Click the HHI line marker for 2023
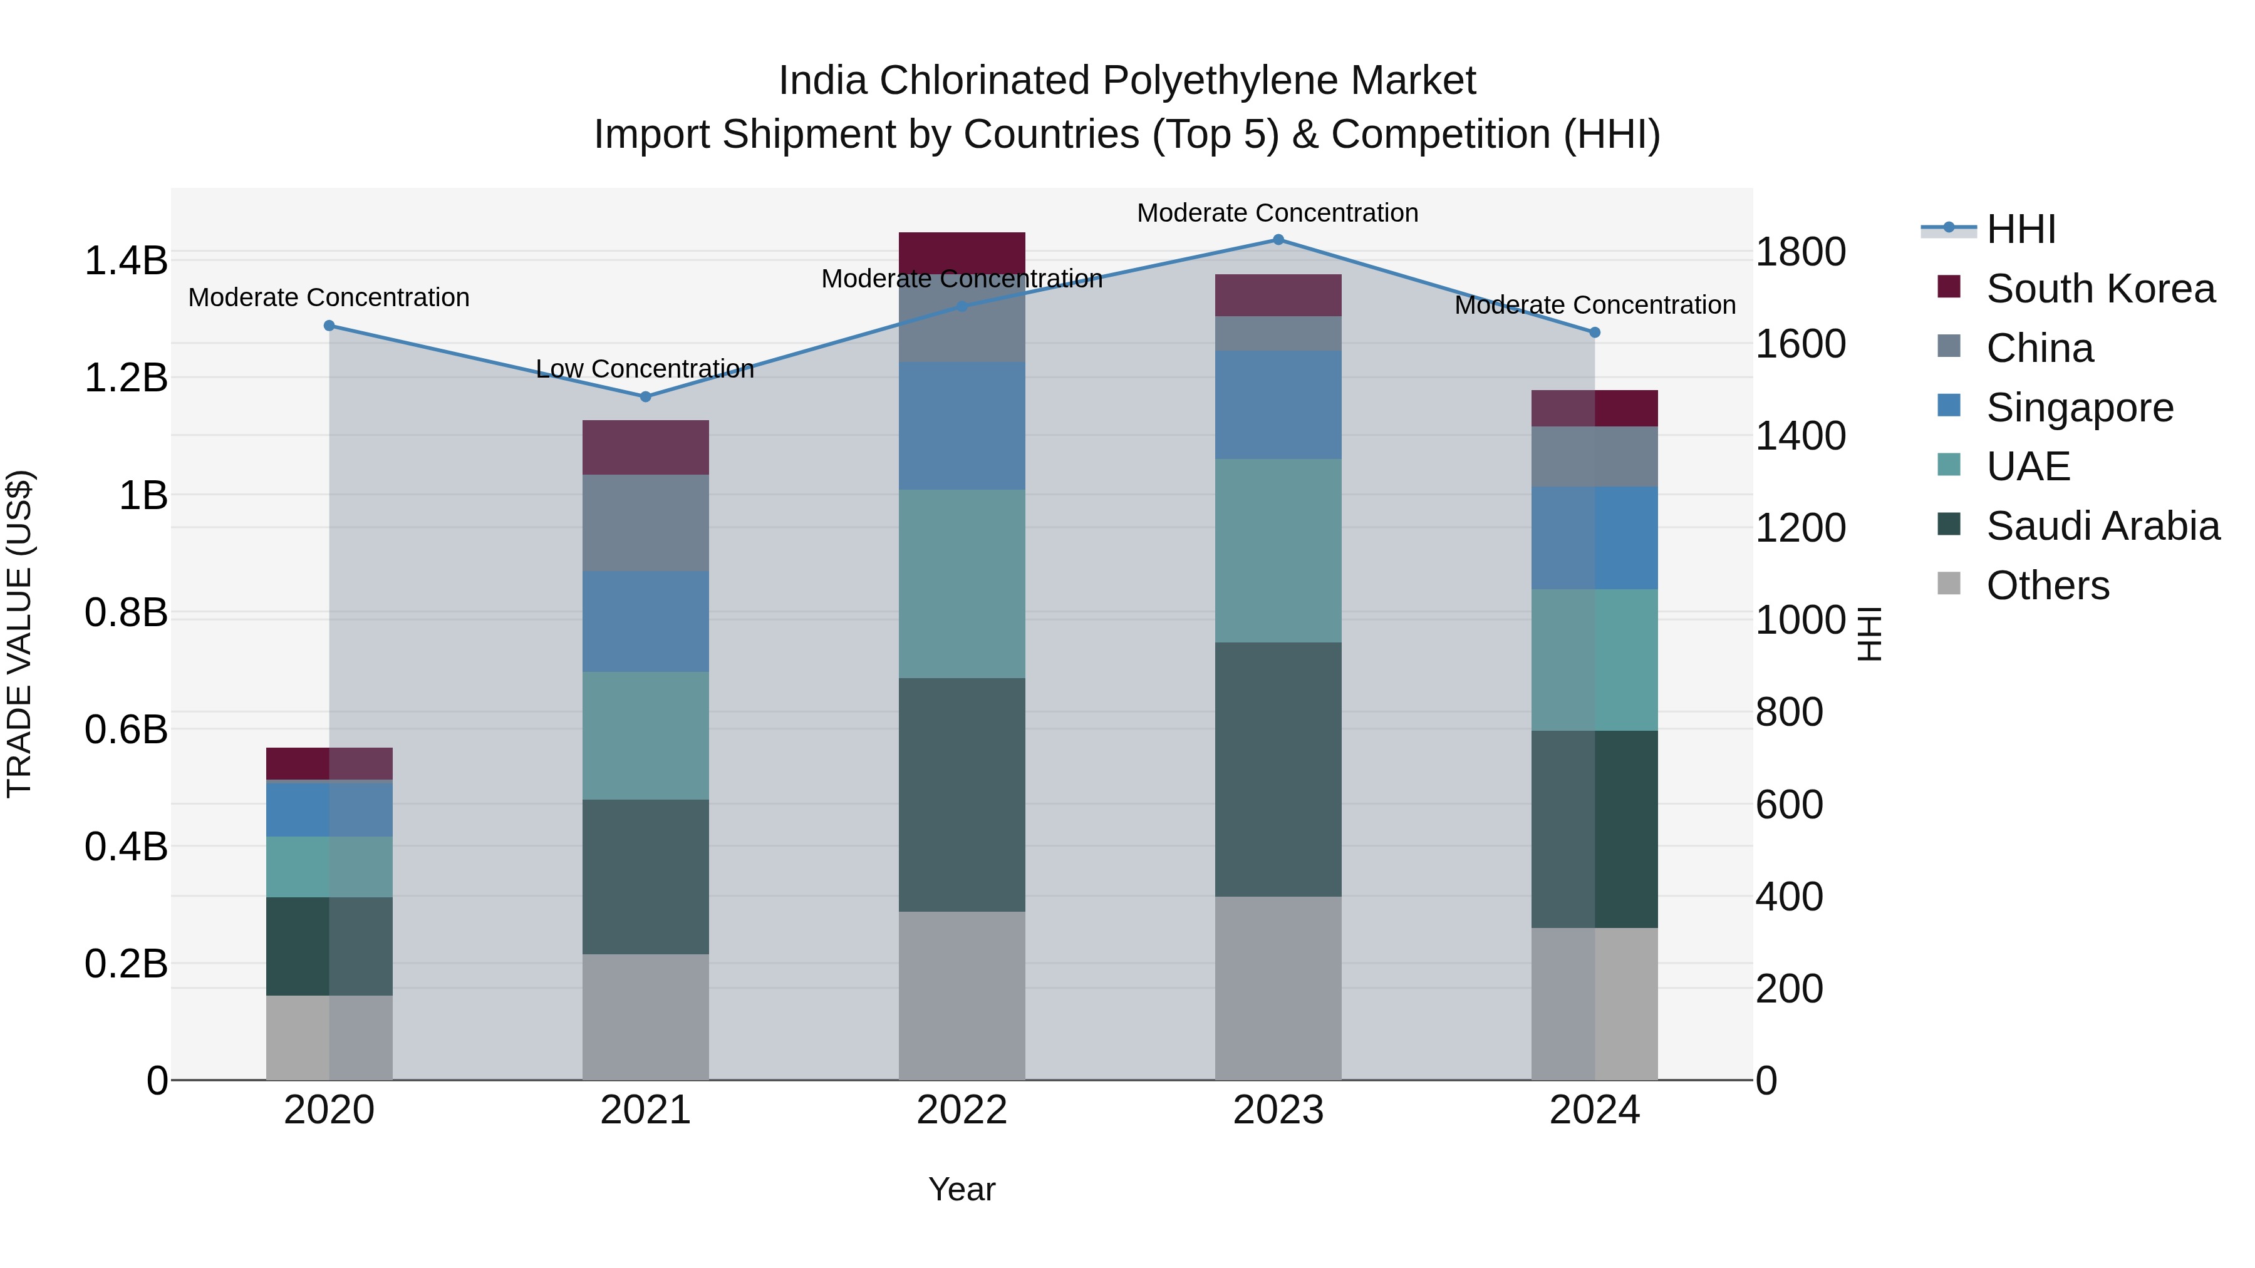1278,240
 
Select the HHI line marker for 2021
645,396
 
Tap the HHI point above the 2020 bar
329,326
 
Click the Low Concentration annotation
645,368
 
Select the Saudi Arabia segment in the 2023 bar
1278,769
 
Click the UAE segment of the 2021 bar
645,735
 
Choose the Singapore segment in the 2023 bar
1278,405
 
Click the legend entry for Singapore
2079,408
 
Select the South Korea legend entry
2099,289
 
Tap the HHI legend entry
2020,229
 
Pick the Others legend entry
2046,585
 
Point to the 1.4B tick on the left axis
126,260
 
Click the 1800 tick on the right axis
1801,252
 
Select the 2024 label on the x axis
1594,1110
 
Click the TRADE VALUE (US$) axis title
19,634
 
